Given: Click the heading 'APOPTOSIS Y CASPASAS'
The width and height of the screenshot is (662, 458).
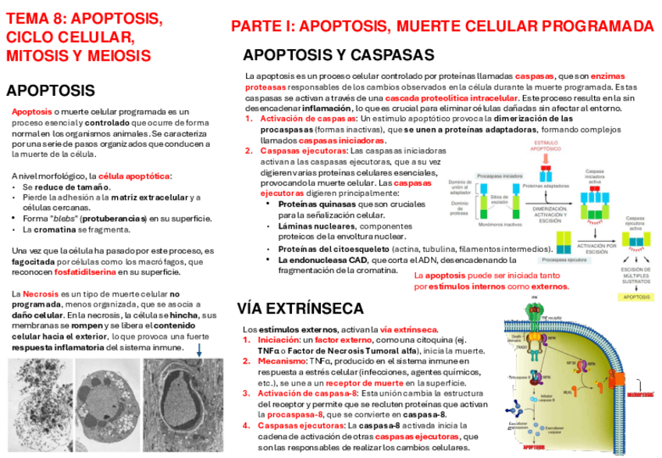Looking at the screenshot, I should point(339,55).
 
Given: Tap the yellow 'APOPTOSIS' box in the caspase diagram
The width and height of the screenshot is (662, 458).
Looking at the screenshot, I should point(635,298).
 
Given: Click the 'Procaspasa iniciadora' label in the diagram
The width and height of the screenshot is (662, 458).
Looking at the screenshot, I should point(499,176).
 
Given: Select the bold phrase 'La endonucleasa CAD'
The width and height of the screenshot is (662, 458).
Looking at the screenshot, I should point(316,260).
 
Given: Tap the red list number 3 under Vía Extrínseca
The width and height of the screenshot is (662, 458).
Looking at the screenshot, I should point(247,393).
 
